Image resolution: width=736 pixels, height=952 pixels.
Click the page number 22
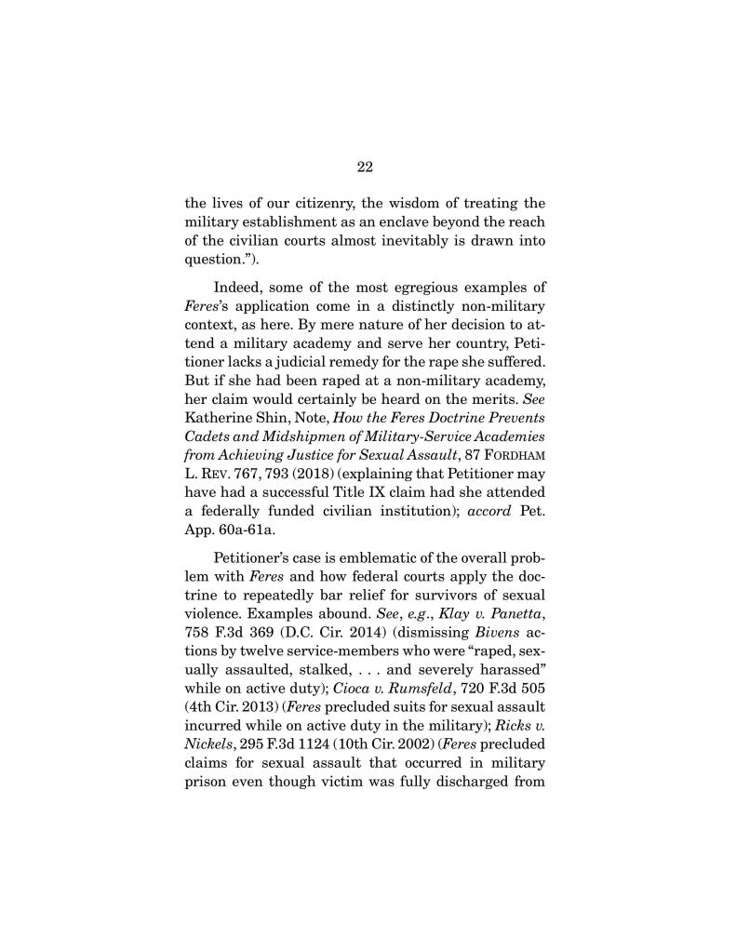[364, 168]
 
